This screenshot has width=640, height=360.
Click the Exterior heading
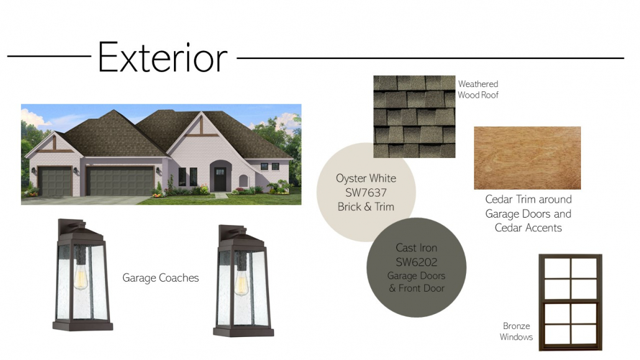[162, 57]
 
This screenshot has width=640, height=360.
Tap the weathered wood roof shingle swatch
[414, 116]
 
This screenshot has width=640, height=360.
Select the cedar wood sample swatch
[528, 158]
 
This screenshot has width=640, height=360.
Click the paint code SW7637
[366, 193]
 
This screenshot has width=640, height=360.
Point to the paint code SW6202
[416, 262]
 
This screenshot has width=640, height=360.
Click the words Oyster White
[366, 178]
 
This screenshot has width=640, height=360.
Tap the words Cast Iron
[416, 247]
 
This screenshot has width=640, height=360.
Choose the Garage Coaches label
[160, 278]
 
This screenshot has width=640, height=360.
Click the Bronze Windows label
[516, 331]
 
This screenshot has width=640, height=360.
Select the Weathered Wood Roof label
[478, 90]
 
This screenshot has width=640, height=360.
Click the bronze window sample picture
[570, 302]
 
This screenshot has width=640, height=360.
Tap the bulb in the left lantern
[80, 277]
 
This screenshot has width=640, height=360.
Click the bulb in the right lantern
[241, 282]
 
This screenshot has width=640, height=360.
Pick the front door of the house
[220, 180]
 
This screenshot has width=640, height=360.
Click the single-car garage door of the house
[55, 182]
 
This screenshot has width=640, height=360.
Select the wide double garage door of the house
[120, 181]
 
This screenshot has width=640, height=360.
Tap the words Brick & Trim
[366, 207]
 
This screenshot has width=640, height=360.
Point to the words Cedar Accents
[528, 228]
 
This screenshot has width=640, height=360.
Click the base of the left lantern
[83, 326]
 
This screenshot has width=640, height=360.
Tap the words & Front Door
[416, 288]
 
